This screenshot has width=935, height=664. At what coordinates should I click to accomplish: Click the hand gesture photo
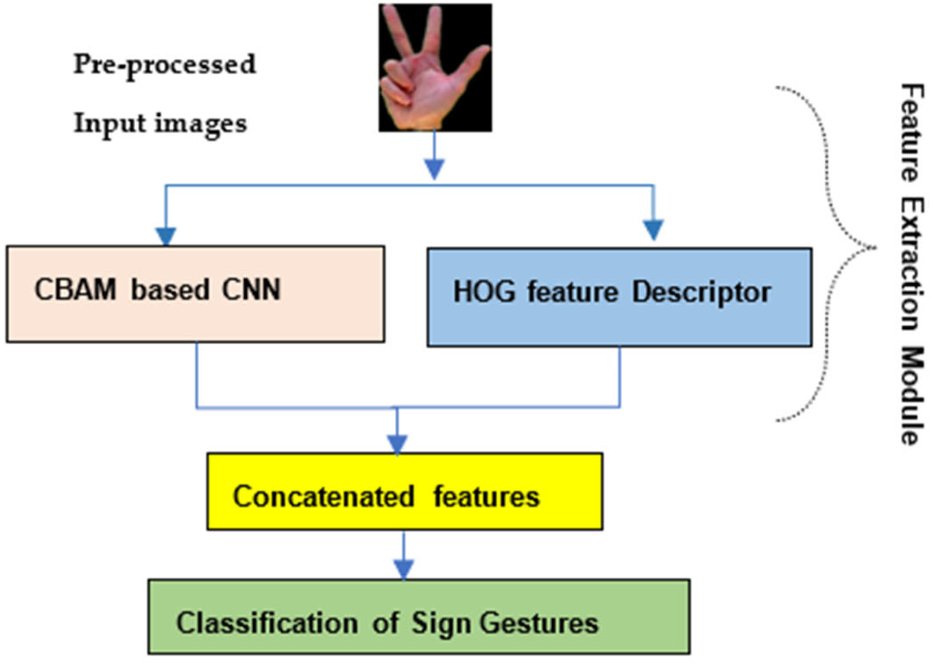435,68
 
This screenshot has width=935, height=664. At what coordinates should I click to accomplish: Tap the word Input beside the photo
109,124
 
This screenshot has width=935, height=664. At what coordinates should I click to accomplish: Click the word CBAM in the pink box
75,290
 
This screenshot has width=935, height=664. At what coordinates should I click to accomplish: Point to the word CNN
251,290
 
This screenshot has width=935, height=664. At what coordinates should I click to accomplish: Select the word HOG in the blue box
484,292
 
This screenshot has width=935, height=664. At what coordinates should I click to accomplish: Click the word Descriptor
701,293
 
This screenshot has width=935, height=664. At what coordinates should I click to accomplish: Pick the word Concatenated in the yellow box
323,496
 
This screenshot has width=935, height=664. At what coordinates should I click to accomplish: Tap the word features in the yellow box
486,496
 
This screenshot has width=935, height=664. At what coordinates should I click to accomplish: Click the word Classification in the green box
267,623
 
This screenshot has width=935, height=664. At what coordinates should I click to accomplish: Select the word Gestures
539,623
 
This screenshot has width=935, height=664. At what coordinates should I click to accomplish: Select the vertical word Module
912,396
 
